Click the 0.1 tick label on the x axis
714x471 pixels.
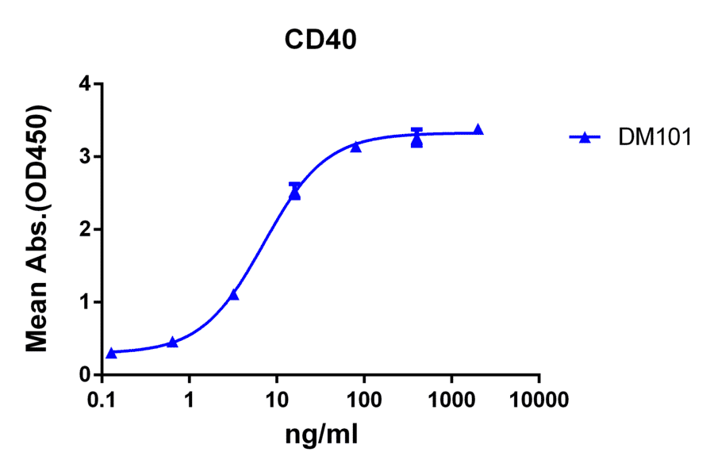102,399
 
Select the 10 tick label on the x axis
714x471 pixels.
276,399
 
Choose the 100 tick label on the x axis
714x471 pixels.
364,399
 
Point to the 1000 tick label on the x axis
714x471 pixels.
451,399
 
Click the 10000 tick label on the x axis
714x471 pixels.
539,399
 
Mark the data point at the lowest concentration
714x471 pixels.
111,353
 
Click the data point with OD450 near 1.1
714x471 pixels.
233,295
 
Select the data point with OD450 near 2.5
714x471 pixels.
295,193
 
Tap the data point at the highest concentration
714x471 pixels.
478,130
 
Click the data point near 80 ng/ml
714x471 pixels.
356,147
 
